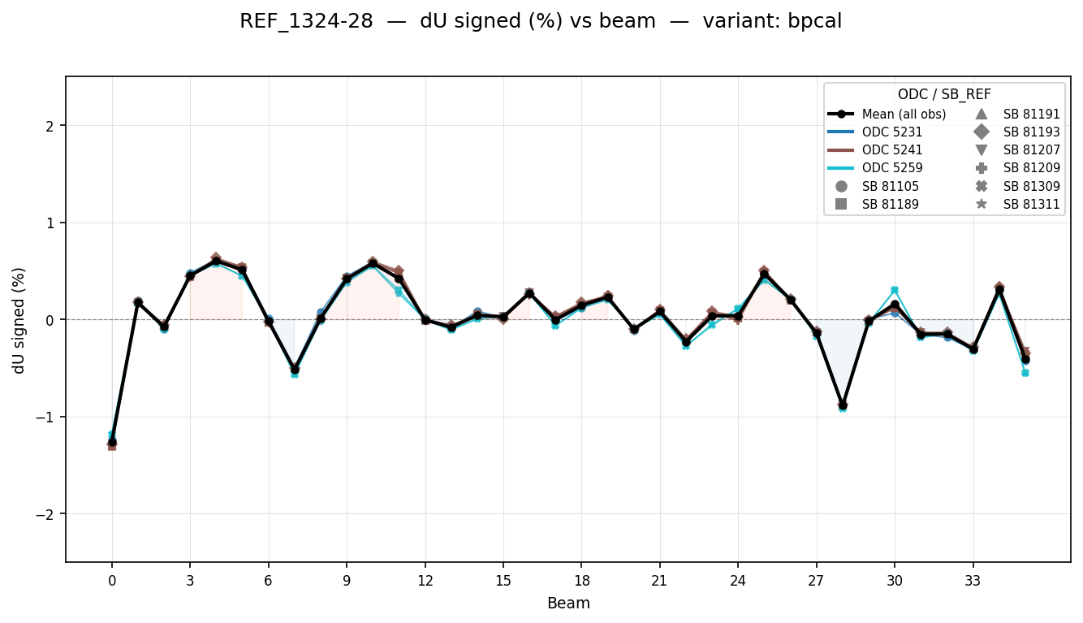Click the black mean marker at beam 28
[x=843, y=404]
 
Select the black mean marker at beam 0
[x=112, y=442]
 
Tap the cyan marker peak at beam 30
[x=895, y=290]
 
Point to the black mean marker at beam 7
[x=295, y=369]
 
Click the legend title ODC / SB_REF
[x=944, y=94]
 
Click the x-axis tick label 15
[x=503, y=581]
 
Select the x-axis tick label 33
[x=973, y=581]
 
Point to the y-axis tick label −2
[x=44, y=514]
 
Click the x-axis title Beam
[x=568, y=604]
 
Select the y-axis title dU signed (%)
[x=19, y=320]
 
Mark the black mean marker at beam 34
[x=999, y=290]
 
